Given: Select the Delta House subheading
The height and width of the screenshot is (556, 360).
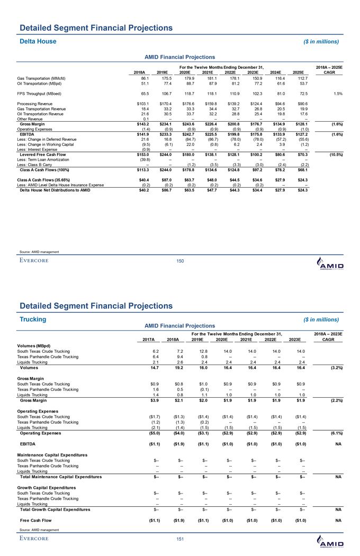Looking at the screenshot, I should pos(38,41).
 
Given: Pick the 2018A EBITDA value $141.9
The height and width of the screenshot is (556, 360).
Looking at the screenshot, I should pos(139,120).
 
